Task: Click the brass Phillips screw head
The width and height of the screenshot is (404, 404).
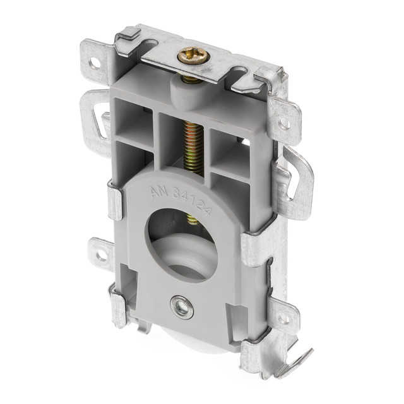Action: click(x=193, y=56)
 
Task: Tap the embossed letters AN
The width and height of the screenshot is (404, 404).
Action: click(x=160, y=191)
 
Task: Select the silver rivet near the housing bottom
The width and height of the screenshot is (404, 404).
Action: click(x=182, y=307)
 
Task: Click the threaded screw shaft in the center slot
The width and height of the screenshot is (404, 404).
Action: click(x=193, y=148)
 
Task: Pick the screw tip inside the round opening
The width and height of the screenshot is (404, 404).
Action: click(x=193, y=219)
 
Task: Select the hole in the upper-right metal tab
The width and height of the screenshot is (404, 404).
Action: click(x=284, y=123)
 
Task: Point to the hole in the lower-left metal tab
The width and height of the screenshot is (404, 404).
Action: click(x=101, y=256)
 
